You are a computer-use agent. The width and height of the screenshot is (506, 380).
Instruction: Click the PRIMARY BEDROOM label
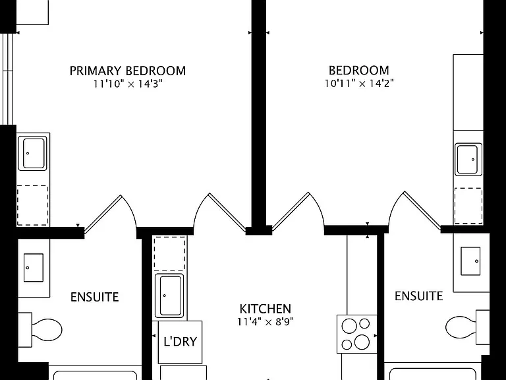click(128, 71)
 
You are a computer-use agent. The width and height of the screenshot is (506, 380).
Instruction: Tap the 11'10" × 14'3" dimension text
click(128, 84)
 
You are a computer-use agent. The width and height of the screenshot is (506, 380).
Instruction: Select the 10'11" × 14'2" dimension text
click(359, 84)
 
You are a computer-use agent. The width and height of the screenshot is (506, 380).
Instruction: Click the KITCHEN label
click(266, 309)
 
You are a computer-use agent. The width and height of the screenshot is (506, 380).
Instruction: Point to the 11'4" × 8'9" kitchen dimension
click(266, 322)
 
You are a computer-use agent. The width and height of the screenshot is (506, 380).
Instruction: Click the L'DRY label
click(180, 342)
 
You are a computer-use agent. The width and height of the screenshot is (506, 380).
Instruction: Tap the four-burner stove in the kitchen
click(357, 334)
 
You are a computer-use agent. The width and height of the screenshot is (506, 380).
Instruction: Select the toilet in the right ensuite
click(467, 327)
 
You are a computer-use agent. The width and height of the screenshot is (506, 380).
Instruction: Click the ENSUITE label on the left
click(95, 297)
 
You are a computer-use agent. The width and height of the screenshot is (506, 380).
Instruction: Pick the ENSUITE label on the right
click(418, 296)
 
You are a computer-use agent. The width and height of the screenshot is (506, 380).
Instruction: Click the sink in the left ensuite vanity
click(34, 268)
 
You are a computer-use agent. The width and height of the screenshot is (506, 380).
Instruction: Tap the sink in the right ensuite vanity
click(470, 261)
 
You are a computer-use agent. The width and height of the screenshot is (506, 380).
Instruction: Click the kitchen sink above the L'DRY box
click(169, 296)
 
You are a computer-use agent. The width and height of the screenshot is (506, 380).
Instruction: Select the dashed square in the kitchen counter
click(170, 253)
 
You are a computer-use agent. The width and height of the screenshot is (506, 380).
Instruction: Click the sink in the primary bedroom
click(32, 153)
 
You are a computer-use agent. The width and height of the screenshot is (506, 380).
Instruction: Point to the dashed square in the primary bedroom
click(32, 206)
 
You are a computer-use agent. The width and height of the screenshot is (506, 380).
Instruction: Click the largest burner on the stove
click(362, 342)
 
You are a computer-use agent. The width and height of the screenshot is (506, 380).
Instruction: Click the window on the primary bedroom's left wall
click(8, 79)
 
